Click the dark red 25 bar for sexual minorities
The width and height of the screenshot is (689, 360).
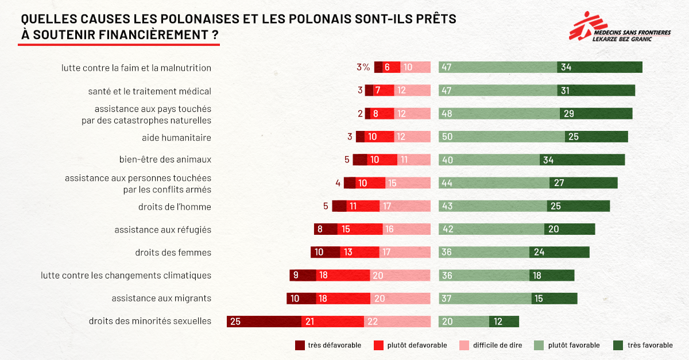coord(264,322)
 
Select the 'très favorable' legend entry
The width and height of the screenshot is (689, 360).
coord(643,345)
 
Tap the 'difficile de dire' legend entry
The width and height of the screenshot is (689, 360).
coord(489,345)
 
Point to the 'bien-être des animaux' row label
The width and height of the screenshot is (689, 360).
coord(165,160)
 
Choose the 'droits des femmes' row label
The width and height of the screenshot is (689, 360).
coord(173,252)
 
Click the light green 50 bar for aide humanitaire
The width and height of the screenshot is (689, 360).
coord(502,137)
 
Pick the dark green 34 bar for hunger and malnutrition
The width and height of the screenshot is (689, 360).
coord(599,67)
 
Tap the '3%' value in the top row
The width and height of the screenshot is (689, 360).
coord(363,67)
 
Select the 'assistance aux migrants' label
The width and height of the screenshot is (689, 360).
coord(161,298)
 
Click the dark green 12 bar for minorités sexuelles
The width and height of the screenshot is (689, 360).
coord(504,322)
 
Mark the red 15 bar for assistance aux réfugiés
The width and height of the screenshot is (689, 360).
coord(359,229)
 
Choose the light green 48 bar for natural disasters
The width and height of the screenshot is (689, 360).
coord(499,114)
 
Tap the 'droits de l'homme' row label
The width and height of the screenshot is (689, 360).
coord(175,206)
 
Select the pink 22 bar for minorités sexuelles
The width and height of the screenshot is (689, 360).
coord(397,322)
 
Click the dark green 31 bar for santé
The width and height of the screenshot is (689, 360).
coord(596,91)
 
